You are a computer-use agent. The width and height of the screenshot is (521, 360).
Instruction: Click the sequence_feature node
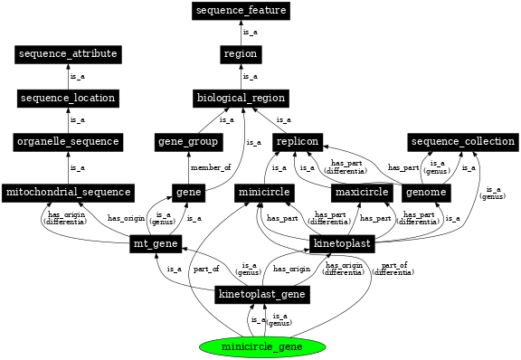241,11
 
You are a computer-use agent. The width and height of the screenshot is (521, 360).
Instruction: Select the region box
241,54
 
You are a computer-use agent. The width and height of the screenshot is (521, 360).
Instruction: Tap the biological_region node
241,98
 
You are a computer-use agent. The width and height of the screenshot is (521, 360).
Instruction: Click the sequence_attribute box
69,54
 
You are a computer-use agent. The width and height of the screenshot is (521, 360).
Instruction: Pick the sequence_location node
69,98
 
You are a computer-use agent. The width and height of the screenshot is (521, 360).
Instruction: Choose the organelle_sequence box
69,142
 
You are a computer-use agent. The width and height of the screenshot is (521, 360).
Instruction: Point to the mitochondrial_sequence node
69,193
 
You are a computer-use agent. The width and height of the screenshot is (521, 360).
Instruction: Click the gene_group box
188,142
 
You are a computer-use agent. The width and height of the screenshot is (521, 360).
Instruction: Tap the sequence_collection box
462,142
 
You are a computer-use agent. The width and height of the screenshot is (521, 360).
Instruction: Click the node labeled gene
188,193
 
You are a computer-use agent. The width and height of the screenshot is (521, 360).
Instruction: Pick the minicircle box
263,193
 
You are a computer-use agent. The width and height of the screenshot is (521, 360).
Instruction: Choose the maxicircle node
361,193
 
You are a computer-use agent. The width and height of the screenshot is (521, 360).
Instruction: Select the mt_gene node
156,244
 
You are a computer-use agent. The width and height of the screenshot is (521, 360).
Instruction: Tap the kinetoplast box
341,244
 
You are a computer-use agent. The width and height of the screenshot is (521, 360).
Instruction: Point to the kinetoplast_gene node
263,295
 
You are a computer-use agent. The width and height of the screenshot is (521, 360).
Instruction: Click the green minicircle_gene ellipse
261,346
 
